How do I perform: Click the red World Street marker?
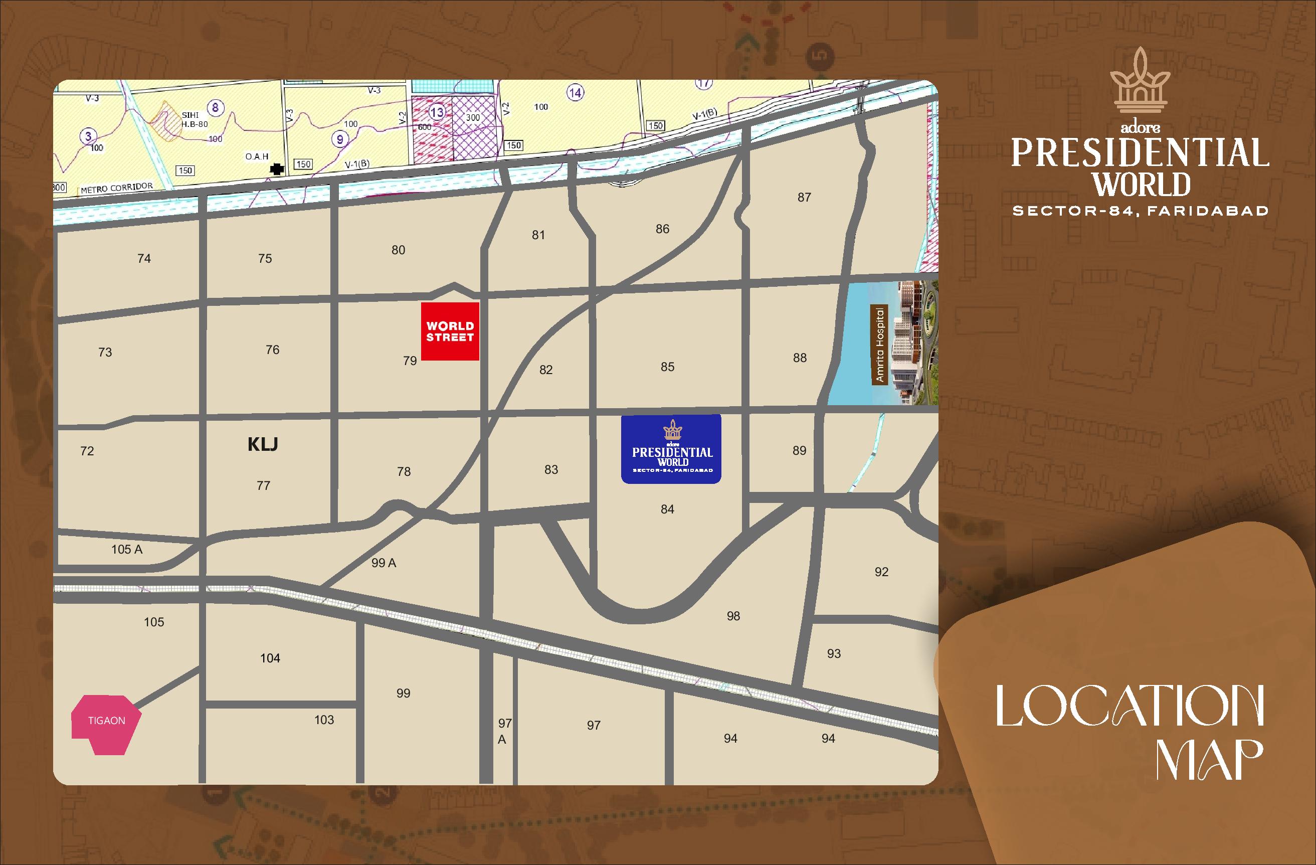click(450, 331)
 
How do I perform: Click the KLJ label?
click(263, 444)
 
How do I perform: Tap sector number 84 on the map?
click(667, 509)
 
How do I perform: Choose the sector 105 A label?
click(127, 549)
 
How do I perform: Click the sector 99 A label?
click(384, 563)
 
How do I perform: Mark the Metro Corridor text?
click(117, 188)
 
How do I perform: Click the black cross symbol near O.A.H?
click(276, 169)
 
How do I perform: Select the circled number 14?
click(576, 92)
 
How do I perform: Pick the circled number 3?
click(88, 136)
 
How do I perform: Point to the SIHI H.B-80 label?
click(194, 119)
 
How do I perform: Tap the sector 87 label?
click(804, 198)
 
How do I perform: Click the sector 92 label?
click(881, 572)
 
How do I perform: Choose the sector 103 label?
click(324, 720)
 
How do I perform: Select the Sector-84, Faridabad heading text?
click(1140, 211)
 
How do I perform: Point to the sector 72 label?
click(87, 451)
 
